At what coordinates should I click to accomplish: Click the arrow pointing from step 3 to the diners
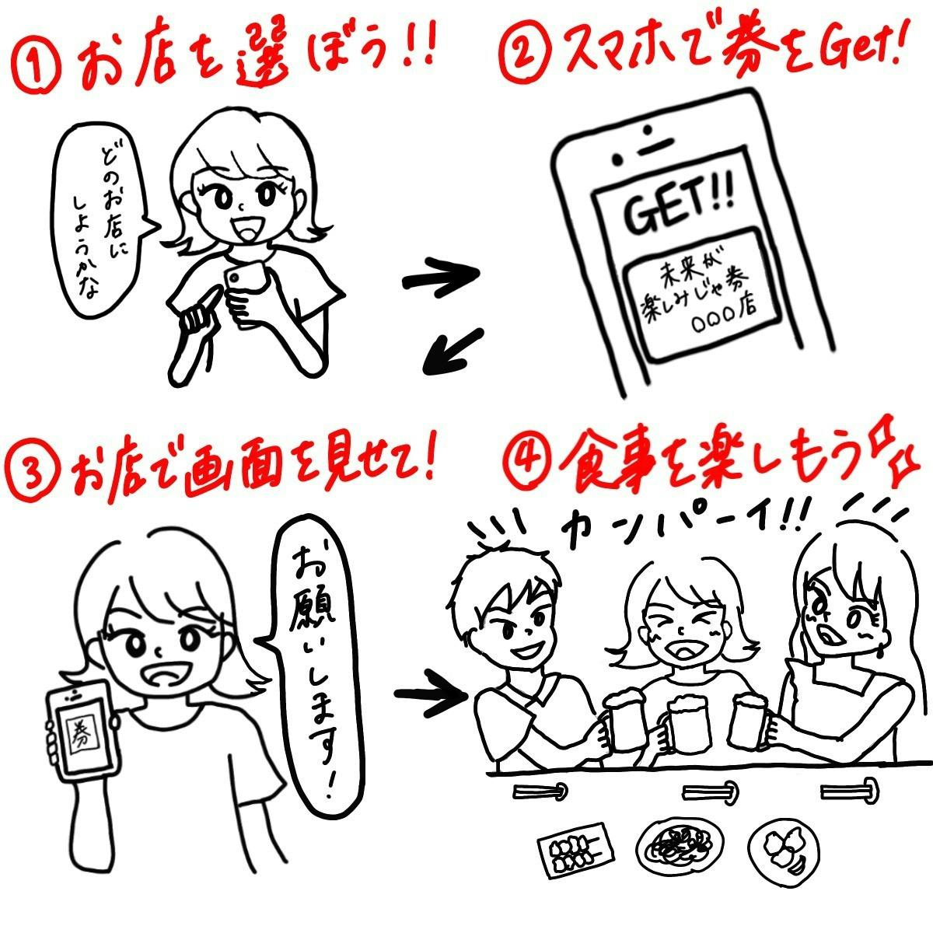431,694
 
